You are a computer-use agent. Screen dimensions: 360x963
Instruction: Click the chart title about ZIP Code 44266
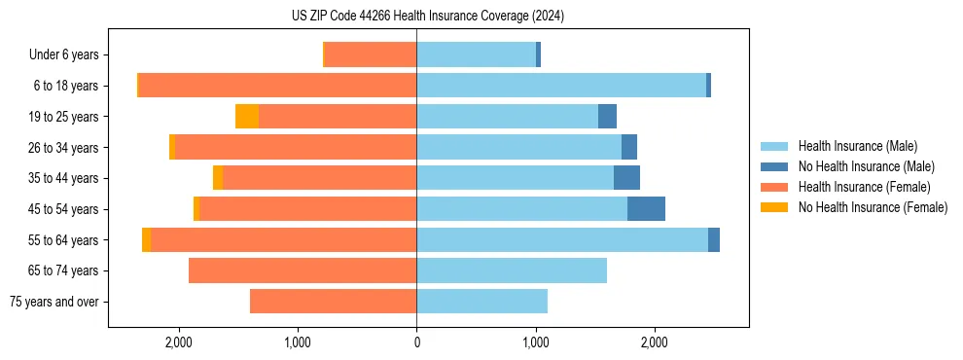[428, 17]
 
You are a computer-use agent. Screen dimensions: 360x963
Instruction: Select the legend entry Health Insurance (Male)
[851, 147]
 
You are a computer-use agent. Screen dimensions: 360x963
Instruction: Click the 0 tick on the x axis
[416, 342]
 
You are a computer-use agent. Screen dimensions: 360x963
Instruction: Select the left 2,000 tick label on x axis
[179, 342]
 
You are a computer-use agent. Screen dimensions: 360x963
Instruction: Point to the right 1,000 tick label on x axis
[536, 342]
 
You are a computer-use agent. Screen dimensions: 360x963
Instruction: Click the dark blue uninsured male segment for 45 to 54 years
[646, 209]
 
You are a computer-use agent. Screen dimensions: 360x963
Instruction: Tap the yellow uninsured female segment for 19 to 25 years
[247, 117]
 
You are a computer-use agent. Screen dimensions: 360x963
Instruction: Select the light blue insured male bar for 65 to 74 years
[512, 270]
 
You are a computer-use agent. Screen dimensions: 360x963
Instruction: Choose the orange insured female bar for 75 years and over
[333, 302]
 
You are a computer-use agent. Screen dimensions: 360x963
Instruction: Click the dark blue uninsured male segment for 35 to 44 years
[626, 178]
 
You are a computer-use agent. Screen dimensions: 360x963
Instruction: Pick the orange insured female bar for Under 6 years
[371, 54]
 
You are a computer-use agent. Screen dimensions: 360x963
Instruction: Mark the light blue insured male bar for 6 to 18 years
[561, 86]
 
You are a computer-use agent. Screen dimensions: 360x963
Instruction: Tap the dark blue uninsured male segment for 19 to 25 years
[607, 117]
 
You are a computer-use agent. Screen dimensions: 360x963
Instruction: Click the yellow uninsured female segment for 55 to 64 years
[146, 240]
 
